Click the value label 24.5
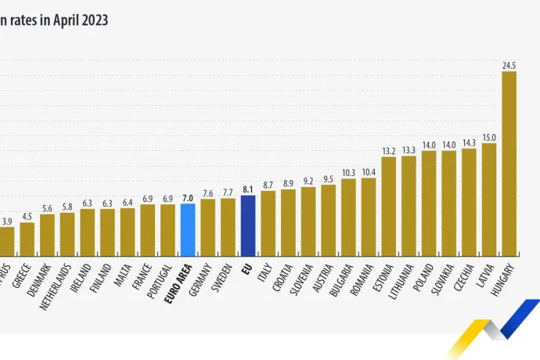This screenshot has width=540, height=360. point(509,67)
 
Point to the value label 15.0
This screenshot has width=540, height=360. point(489,137)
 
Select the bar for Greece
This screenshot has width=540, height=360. point(27,239)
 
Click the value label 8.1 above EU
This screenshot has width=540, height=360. point(248,189)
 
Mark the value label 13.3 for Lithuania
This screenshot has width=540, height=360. point(409,150)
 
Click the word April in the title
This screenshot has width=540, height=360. point(53,20)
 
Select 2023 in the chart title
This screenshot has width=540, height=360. point(91,20)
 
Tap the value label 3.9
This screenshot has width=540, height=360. point(7,222)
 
